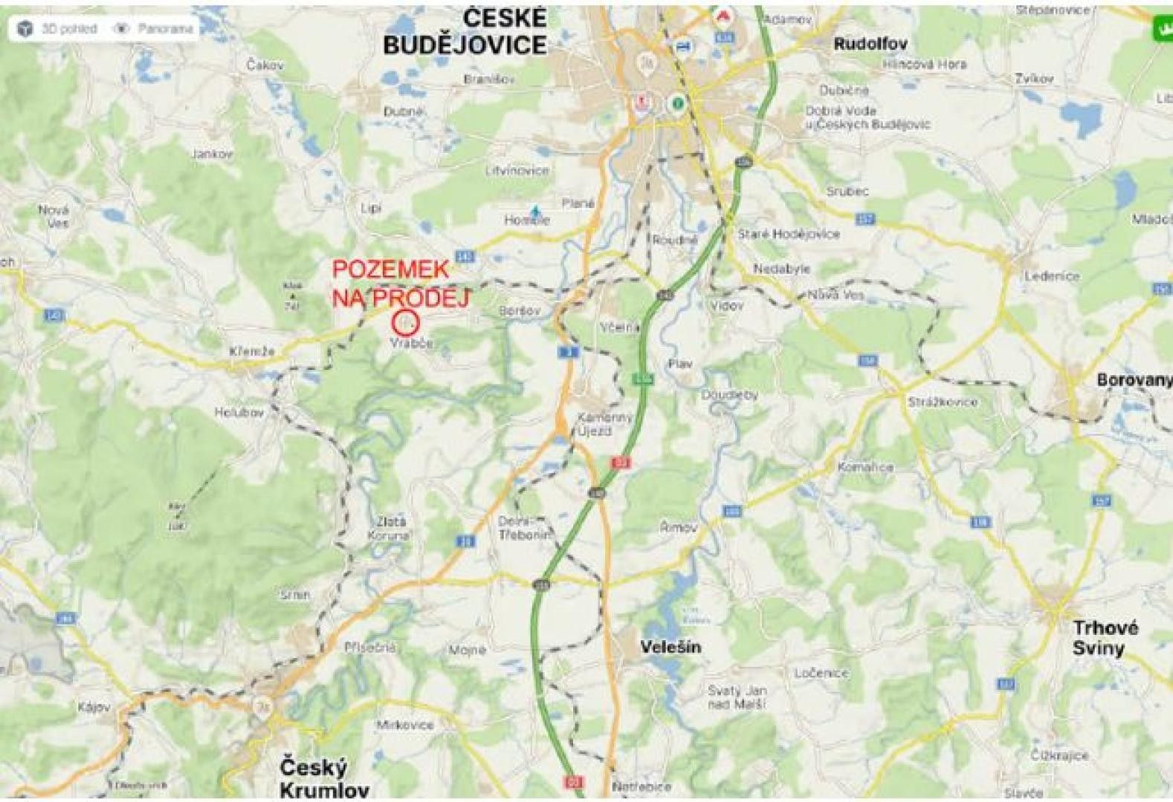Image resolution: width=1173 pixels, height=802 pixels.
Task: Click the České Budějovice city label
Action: click(x=465, y=31)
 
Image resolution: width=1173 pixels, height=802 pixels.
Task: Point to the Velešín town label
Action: click(x=670, y=647)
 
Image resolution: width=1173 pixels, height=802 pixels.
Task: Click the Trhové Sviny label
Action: click(x=1105, y=638)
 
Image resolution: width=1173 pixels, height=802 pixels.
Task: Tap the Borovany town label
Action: click(x=1134, y=379)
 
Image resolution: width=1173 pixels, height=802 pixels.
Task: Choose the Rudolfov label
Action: click(x=870, y=44)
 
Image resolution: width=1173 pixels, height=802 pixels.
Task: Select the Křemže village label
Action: click(x=252, y=351)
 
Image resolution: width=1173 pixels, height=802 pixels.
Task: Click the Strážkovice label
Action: click(x=943, y=402)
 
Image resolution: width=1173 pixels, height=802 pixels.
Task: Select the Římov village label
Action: click(x=679, y=527)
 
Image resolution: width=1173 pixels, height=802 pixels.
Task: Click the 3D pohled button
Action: click(x=59, y=29)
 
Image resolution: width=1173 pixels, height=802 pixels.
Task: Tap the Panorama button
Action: click(x=156, y=29)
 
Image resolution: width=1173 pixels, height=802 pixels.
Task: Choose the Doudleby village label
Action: click(x=729, y=395)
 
